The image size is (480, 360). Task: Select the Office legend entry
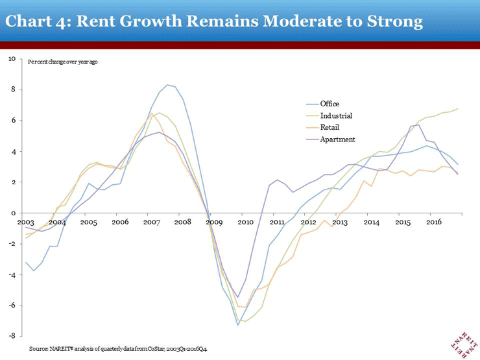330,104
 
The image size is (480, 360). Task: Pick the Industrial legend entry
336,115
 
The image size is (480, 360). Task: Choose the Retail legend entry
330,127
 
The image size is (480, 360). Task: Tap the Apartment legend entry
337,139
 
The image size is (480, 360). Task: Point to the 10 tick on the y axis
12,58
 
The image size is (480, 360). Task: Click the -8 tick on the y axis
12,336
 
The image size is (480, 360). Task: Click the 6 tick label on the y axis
13,120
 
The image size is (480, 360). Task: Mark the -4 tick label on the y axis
12,274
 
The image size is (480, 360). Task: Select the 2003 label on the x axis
25,222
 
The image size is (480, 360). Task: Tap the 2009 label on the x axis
214,222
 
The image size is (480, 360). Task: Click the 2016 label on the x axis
434,222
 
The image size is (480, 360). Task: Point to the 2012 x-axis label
308,222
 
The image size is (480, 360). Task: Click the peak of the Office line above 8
168,85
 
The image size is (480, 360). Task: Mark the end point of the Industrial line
458,109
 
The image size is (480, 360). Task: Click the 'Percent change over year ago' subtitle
62,62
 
